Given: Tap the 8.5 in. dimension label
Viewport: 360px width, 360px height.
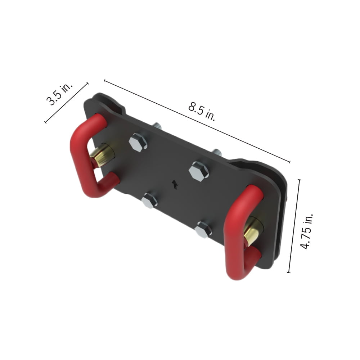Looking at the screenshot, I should coord(202,112).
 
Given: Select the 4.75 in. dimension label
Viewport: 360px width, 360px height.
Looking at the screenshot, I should coord(307,231).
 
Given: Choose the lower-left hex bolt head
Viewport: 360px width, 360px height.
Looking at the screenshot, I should coord(149,201).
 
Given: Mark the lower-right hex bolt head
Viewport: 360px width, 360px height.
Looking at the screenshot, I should coord(203,229).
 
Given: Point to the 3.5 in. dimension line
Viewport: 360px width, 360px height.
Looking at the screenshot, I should coord(67,103).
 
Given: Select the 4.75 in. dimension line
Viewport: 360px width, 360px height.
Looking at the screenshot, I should coord(294,226).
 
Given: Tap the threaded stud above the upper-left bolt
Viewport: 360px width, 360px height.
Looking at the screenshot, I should coord(158,126).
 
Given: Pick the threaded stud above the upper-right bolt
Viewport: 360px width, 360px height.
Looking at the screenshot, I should coord(217,152).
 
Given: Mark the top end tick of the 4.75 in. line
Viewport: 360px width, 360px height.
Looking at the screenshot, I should coord(300,180).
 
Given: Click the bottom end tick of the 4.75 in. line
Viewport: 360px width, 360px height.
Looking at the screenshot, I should coord(289,273).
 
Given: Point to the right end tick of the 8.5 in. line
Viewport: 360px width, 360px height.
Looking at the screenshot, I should coord(289,162).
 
